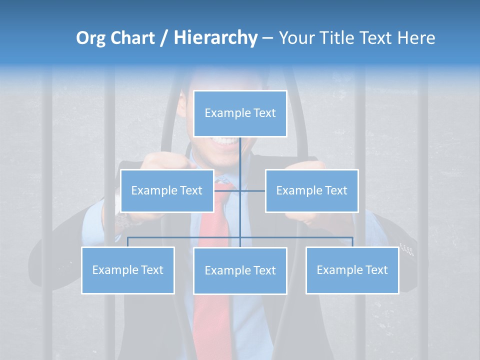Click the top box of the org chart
click(240, 113)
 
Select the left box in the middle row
click(166, 190)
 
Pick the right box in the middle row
click(311, 190)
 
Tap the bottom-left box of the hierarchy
click(127, 270)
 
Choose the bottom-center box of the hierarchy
click(240, 270)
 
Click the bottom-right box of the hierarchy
click(352, 270)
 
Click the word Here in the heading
click(415, 38)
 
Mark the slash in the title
click(164, 38)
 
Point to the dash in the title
click(267, 38)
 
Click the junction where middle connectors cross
click(240, 190)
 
